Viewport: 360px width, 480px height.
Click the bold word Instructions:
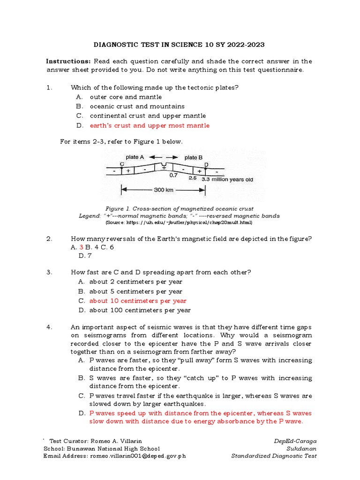click(68, 61)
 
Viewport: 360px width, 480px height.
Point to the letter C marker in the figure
click(122, 164)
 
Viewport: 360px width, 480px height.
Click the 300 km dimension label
click(163, 190)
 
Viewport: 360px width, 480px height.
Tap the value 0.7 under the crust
click(173, 175)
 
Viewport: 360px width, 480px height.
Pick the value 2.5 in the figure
click(192, 178)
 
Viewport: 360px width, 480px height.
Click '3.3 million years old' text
click(227, 179)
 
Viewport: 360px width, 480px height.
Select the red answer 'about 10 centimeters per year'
click(138, 301)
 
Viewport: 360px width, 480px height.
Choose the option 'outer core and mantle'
click(126, 97)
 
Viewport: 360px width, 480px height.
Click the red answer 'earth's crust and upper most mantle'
click(150, 126)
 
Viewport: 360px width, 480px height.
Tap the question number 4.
click(49, 327)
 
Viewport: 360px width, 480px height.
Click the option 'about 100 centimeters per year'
click(140, 310)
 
